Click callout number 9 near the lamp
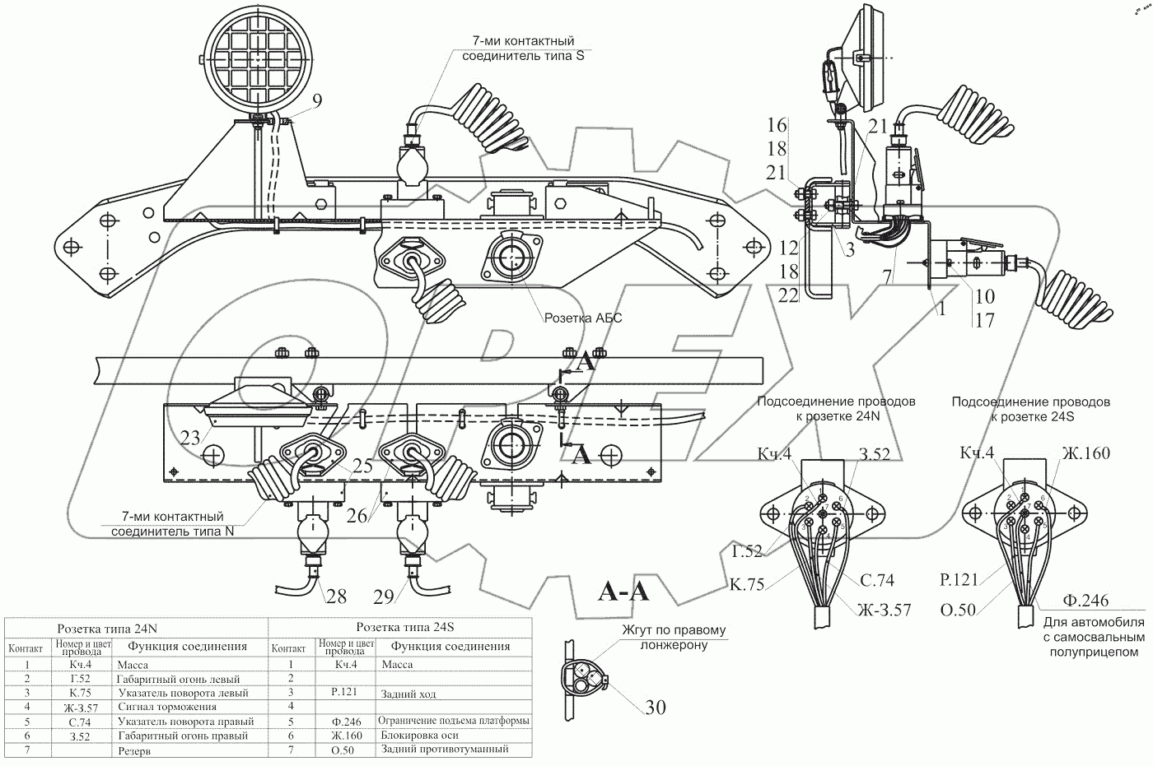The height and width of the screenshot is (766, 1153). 316,102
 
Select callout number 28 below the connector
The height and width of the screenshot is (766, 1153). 335,597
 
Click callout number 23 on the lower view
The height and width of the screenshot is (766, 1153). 190,438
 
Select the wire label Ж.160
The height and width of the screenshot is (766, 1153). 1085,453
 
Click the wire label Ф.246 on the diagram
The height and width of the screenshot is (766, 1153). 1085,601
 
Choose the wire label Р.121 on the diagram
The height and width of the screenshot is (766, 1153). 959,579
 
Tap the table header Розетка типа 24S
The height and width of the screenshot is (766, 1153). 399,626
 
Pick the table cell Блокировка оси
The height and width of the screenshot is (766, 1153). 420,735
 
